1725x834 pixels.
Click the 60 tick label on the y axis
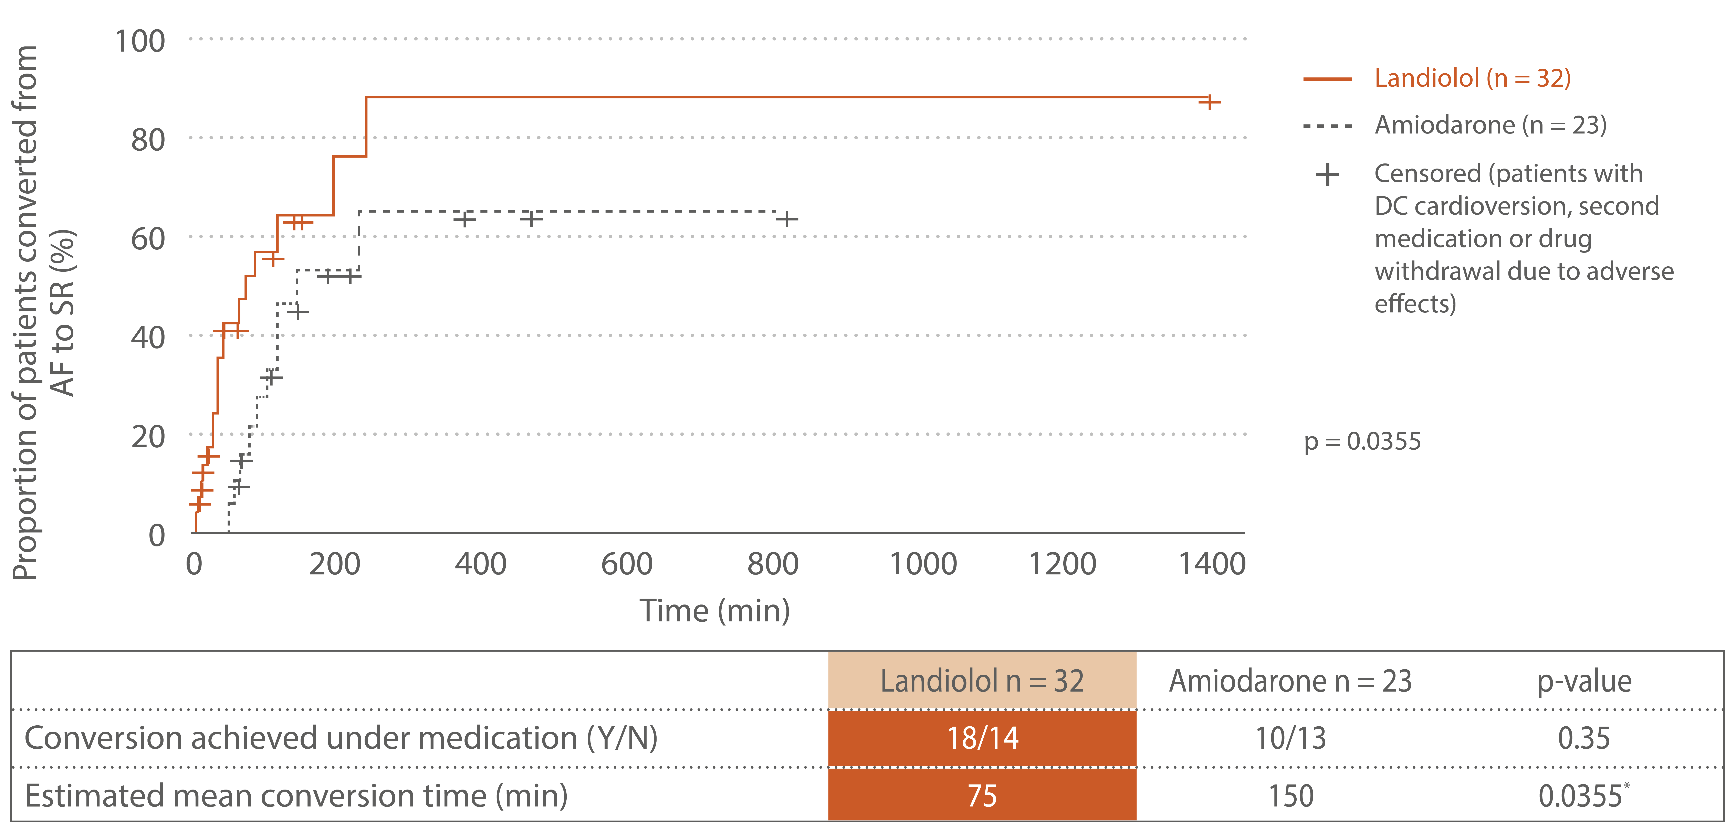tap(148, 239)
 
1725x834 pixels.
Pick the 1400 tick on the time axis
tap(1211, 564)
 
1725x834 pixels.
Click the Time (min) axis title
tap(714, 610)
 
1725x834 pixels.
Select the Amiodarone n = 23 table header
tap(1290, 681)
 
